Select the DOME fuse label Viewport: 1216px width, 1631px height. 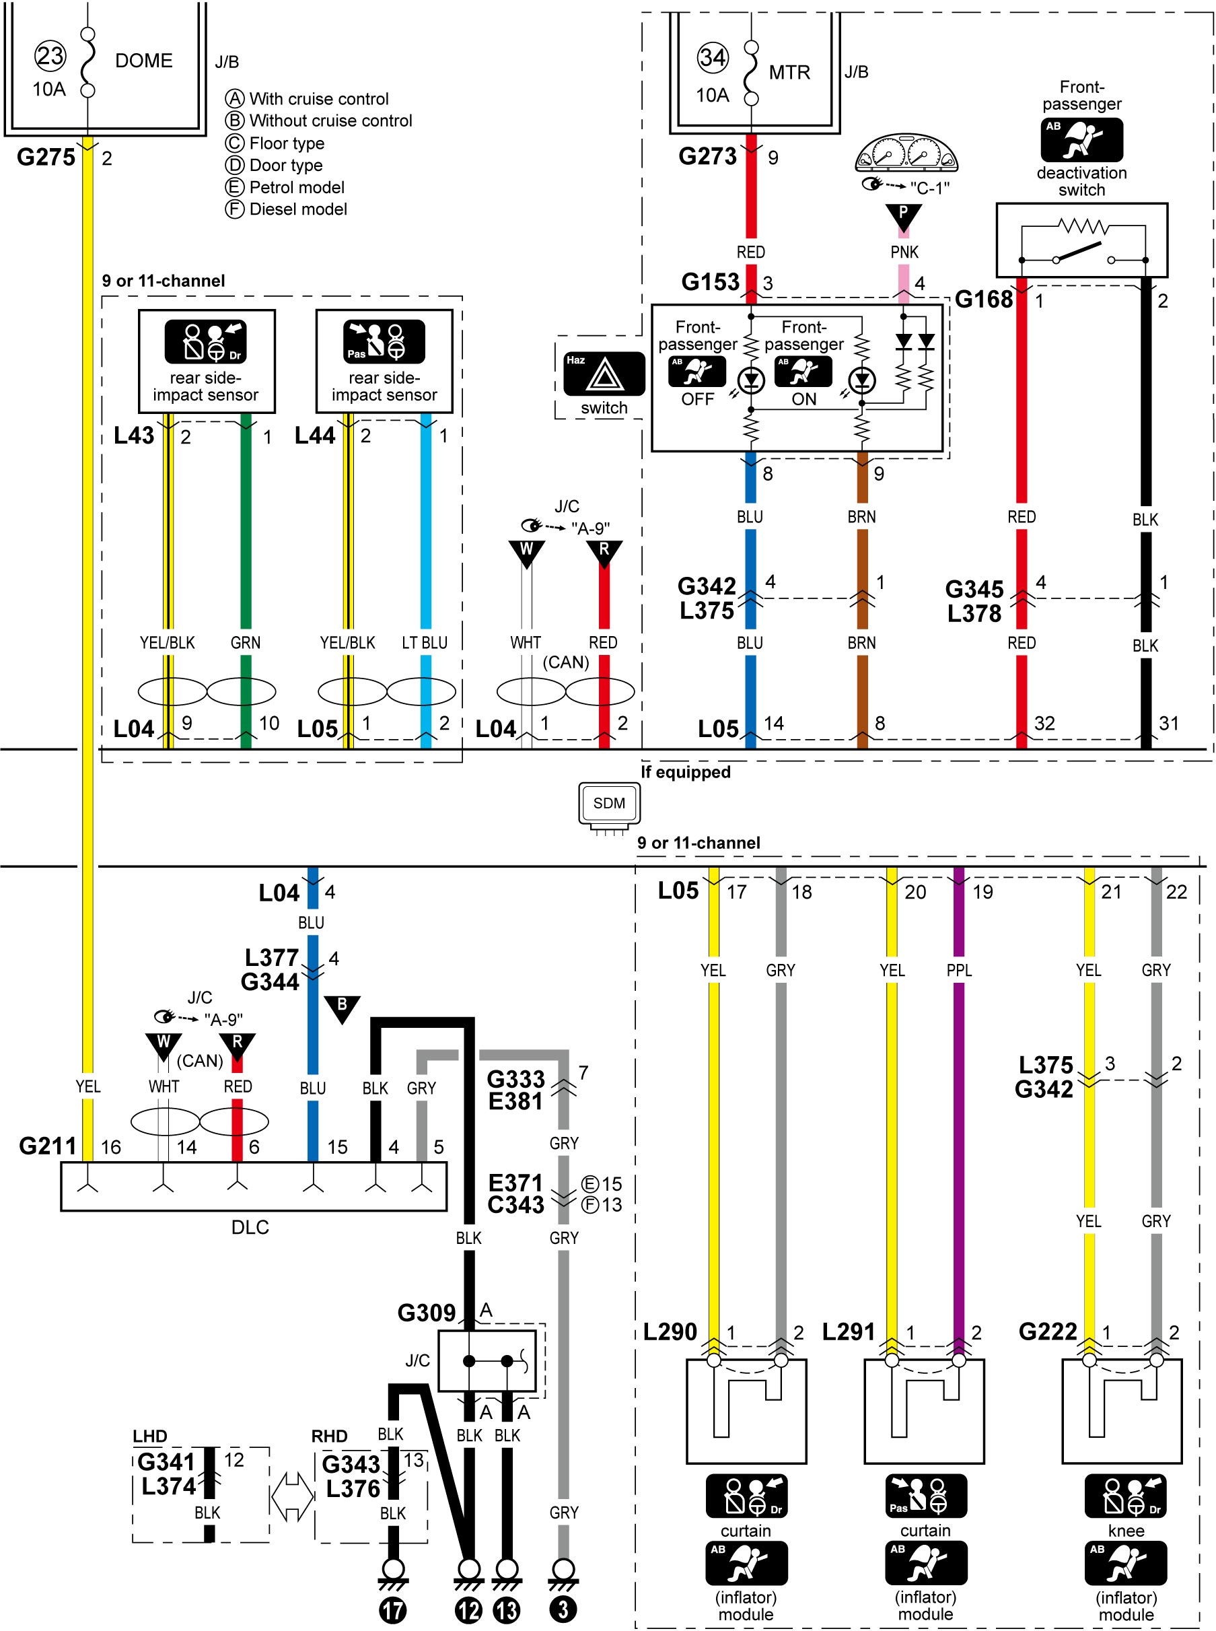click(143, 61)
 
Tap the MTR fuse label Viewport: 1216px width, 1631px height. click(789, 72)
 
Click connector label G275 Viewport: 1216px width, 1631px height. click(46, 157)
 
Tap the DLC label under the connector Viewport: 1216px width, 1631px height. click(250, 1226)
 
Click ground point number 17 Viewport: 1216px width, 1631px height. click(392, 1610)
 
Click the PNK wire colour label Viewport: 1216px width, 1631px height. click(904, 252)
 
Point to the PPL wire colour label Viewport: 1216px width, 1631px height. click(959, 970)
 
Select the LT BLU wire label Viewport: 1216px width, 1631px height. click(425, 642)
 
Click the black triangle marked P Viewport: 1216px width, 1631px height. click(903, 216)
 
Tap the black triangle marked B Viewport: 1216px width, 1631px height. click(343, 1009)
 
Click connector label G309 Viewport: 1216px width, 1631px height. click(427, 1312)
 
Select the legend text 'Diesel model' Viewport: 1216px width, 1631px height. click(298, 209)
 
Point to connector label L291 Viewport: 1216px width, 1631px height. click(849, 1331)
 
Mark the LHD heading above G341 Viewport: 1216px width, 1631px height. click(150, 1436)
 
